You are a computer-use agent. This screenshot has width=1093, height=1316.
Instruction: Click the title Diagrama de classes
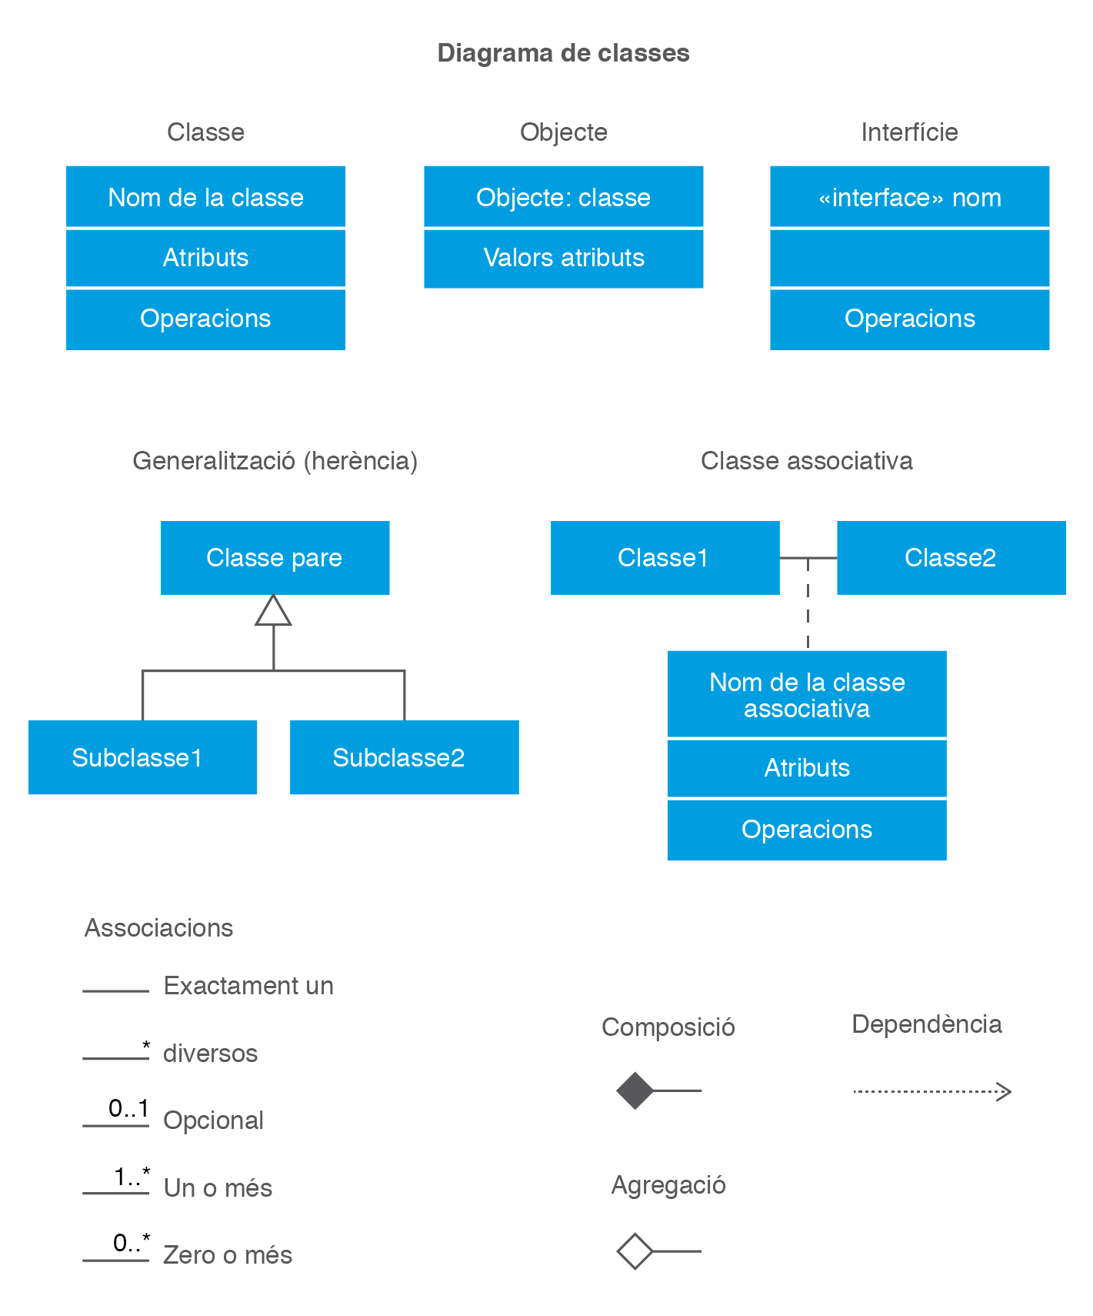[563, 53]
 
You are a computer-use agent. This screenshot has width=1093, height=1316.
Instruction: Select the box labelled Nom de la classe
[205, 197]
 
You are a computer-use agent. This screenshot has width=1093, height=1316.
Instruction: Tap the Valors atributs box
[563, 258]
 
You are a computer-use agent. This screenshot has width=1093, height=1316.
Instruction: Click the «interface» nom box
[909, 197]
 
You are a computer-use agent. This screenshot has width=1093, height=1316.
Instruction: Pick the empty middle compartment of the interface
[909, 258]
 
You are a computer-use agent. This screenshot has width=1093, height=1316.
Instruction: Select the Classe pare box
[275, 558]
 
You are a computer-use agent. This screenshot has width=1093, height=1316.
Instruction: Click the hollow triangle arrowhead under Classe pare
[273, 611]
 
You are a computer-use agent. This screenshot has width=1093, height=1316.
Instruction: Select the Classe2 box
[951, 558]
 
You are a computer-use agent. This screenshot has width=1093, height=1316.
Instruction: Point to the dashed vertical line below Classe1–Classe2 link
[808, 608]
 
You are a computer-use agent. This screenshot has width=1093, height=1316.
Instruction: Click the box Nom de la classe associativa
[807, 695]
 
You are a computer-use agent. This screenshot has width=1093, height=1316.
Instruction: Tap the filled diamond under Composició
[635, 1091]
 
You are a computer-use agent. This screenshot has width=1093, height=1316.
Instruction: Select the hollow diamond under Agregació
[635, 1251]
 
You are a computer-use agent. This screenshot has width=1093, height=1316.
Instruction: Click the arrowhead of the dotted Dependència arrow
[1004, 1091]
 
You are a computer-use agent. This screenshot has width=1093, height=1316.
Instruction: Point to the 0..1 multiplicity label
[128, 1109]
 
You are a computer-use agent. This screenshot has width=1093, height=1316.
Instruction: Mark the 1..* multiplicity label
[132, 1177]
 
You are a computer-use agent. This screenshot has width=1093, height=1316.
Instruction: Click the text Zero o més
[228, 1255]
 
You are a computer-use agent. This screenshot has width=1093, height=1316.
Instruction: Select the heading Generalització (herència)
[275, 461]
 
